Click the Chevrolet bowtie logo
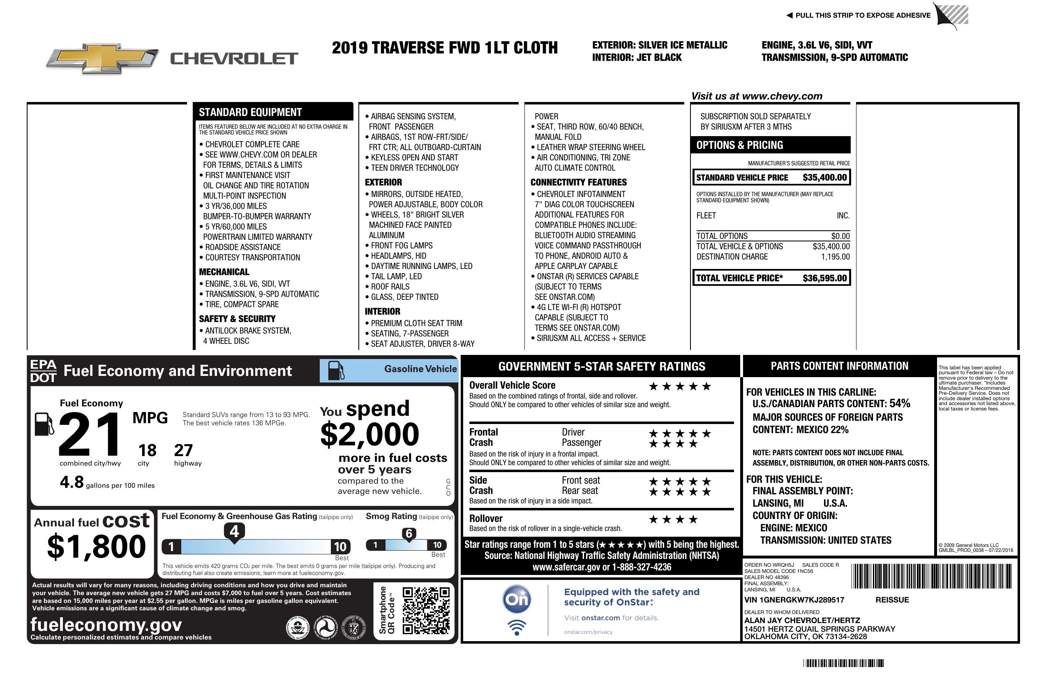point(102,58)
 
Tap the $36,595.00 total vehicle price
point(824,278)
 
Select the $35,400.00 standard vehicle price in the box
point(824,178)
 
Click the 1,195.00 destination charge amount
point(835,257)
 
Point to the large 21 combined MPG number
point(90,434)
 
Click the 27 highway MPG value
point(183,450)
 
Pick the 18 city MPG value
point(147,450)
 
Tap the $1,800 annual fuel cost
point(96,547)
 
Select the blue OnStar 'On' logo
point(517,599)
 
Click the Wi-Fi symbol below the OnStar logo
point(517,628)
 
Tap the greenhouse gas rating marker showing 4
point(234,531)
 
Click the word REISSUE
point(892,600)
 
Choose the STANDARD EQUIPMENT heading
point(250,112)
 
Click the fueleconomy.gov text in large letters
point(106,625)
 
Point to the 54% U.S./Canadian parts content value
point(900,403)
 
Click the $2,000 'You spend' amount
point(370,435)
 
